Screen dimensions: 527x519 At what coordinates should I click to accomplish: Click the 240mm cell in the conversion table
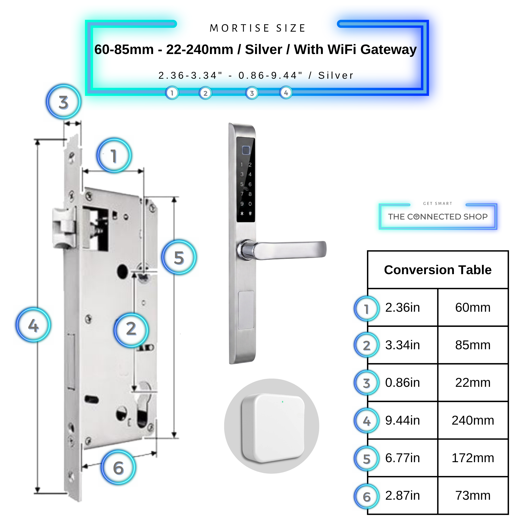[x=473, y=420]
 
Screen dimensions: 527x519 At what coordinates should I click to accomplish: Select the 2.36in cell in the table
[x=403, y=307]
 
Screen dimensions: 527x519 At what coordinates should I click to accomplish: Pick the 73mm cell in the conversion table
[x=473, y=495]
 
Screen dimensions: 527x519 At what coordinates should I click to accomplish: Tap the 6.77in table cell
[x=403, y=458]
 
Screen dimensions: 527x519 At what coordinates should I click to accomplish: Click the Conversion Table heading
[x=437, y=270]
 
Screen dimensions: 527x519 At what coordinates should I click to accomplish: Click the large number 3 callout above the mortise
[x=64, y=102]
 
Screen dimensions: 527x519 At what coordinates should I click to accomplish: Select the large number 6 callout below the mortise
[x=118, y=468]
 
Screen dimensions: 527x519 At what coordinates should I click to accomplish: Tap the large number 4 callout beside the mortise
[x=33, y=325]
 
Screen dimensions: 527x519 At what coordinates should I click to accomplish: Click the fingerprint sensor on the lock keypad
[x=246, y=150]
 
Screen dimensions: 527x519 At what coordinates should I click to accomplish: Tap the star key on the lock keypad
[x=242, y=214]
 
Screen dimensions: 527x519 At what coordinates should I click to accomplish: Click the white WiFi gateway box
[x=273, y=428]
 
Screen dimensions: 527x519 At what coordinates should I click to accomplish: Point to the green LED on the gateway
[x=282, y=402]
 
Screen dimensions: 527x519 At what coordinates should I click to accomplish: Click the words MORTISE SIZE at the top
[x=257, y=28]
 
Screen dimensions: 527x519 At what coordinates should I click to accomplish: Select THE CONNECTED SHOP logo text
[x=438, y=217]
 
